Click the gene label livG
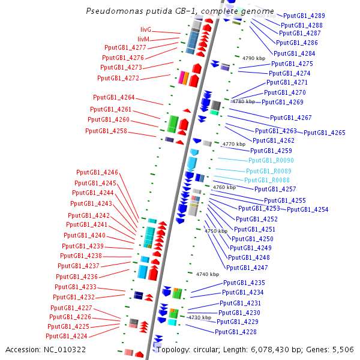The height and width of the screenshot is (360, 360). [146, 29]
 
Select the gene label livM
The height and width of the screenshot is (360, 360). [143, 39]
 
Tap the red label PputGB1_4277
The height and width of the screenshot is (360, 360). [125, 47]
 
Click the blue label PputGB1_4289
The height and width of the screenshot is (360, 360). [304, 16]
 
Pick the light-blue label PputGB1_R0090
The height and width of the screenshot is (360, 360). [271, 161]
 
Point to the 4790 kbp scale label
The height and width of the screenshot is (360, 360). [254, 58]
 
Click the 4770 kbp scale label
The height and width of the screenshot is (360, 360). [233, 145]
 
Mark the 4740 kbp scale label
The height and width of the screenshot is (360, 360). [208, 274]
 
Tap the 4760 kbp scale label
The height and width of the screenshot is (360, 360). [224, 188]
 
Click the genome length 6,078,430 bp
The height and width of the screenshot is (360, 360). [268, 349]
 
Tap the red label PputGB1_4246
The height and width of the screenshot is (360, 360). [97, 173]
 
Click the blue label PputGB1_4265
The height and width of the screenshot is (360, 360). [325, 133]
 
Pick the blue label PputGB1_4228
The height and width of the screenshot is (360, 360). [236, 332]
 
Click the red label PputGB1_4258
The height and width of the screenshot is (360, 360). [106, 131]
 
